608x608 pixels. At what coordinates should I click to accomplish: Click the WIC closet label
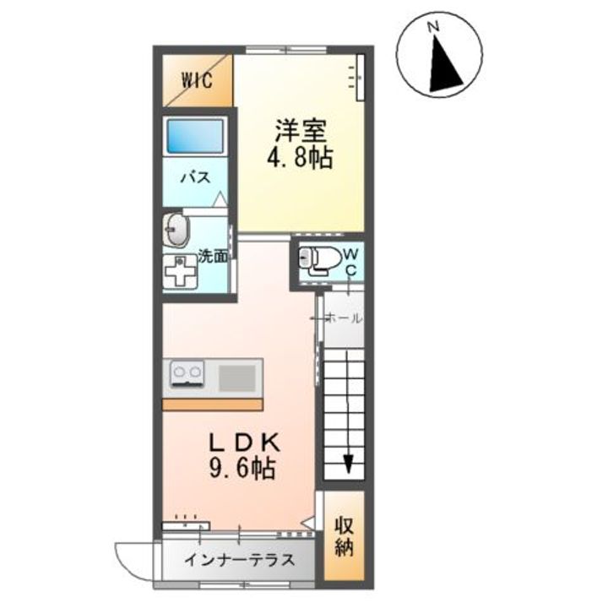(199, 80)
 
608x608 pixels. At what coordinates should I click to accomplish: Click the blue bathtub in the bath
(196, 135)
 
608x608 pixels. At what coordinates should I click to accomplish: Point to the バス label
(196, 178)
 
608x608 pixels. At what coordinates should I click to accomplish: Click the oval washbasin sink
(177, 228)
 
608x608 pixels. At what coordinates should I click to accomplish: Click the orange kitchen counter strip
(212, 404)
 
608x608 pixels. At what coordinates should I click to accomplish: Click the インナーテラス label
(239, 559)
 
